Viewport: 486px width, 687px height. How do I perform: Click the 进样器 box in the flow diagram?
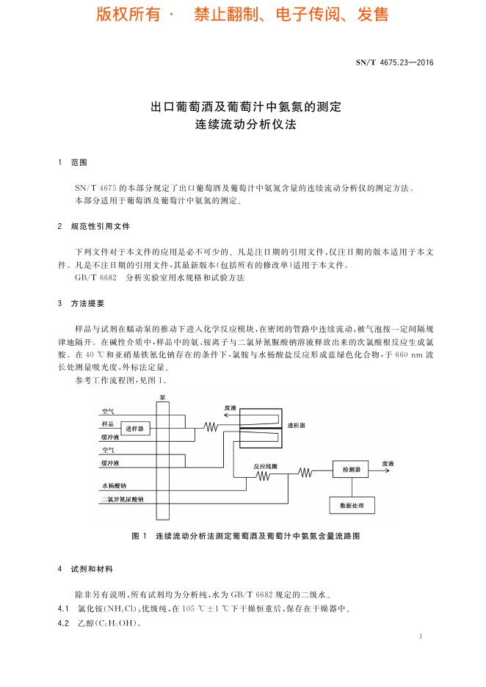(136, 428)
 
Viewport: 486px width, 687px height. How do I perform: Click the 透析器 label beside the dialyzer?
(297, 424)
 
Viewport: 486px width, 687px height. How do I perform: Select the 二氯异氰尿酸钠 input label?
(123, 499)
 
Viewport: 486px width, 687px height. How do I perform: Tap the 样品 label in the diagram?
(107, 424)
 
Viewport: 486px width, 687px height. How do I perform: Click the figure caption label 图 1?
(139, 537)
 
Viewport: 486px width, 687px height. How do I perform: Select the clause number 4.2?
(62, 624)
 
